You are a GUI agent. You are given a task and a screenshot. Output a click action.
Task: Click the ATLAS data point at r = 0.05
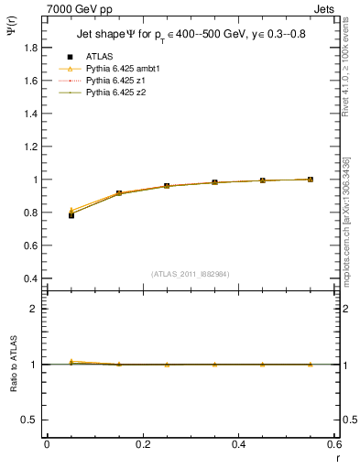(71, 215)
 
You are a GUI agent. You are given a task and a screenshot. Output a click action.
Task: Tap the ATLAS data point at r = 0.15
(119, 193)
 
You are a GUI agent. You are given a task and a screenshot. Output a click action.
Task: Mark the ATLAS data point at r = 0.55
(311, 180)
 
